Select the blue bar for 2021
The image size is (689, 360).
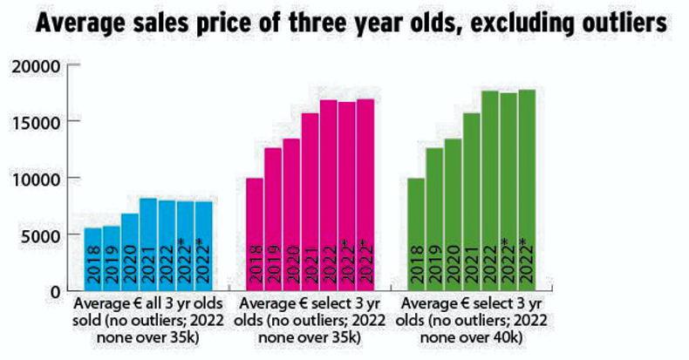tap(148, 244)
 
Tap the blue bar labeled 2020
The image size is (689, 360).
tap(130, 252)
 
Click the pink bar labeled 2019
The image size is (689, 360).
tap(273, 219)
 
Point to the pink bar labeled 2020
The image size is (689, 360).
tap(291, 214)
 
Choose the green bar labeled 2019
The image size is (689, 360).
tap(434, 219)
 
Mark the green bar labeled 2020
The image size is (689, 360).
tap(454, 214)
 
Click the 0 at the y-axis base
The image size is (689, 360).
tap(54, 292)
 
